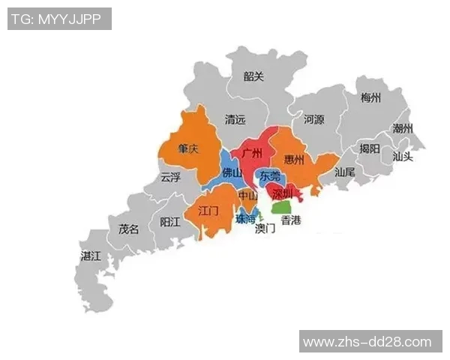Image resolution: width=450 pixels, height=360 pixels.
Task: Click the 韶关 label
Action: click(x=254, y=76)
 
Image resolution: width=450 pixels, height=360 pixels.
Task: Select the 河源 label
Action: click(x=313, y=119)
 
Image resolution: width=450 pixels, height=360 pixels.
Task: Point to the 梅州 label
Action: click(x=370, y=98)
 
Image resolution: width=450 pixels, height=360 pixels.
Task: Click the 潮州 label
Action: click(x=403, y=128)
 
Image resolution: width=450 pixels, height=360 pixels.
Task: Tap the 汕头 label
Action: click(x=403, y=157)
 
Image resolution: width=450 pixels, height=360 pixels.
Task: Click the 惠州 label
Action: click(x=295, y=160)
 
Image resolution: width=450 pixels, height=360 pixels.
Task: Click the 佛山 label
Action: click(x=232, y=173)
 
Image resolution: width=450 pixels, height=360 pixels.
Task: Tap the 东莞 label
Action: click(x=270, y=176)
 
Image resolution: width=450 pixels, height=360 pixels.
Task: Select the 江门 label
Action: click(x=208, y=211)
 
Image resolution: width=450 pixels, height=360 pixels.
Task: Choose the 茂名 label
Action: click(x=129, y=229)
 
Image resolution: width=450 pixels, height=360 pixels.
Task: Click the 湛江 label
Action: click(x=91, y=256)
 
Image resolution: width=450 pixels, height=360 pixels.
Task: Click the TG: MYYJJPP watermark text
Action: click(x=59, y=19)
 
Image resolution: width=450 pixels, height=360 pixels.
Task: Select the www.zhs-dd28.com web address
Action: click(x=367, y=342)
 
